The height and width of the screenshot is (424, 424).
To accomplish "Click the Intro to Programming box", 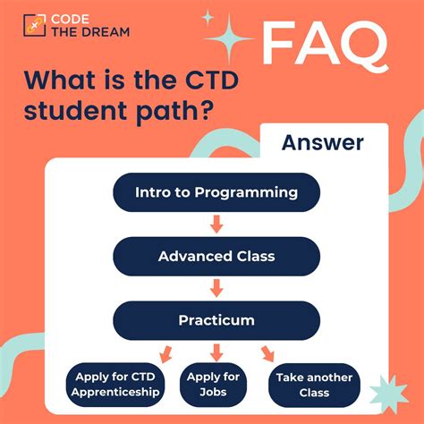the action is click(216, 192).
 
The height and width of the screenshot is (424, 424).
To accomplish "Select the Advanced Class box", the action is click(216, 256).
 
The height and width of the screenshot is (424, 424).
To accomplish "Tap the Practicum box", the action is click(216, 320).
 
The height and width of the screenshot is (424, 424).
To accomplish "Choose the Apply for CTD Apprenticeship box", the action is click(115, 385).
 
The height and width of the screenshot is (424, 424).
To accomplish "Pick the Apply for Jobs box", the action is click(213, 385).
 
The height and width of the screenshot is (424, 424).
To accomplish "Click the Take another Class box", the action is click(314, 385).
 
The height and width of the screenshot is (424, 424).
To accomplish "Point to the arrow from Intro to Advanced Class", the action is click(216, 225).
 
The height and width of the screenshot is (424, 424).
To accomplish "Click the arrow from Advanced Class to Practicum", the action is click(216, 288).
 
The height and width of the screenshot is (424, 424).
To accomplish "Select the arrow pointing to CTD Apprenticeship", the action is click(165, 354).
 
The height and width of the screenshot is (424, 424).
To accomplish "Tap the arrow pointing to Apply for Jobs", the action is click(216, 352).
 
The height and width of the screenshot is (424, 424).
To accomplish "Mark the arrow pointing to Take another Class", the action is click(267, 354).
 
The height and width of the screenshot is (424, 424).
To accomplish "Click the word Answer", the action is click(323, 142).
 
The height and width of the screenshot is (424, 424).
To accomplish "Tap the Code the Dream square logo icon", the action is click(35, 25).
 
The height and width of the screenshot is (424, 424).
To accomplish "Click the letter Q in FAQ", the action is click(364, 45).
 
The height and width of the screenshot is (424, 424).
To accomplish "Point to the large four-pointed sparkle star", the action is click(229, 38).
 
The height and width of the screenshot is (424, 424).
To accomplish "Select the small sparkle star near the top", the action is click(208, 18).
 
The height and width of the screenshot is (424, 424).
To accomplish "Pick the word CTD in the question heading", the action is click(212, 81).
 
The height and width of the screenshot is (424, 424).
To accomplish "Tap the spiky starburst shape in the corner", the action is click(388, 389).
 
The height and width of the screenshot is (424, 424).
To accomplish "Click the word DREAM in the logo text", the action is click(106, 32).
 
